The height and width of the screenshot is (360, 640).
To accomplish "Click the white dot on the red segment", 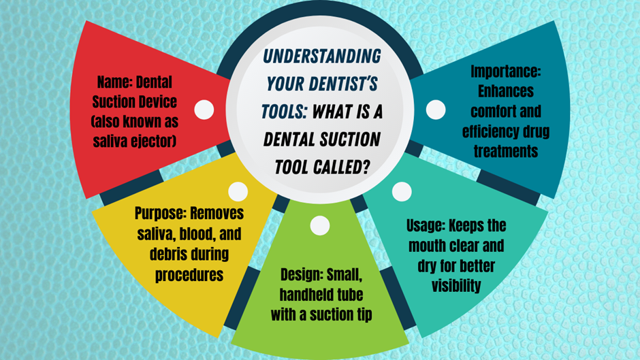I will pos(204,110).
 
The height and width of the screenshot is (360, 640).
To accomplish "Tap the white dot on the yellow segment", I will pos(238,191).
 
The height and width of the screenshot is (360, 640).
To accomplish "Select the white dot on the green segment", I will pos(319,225).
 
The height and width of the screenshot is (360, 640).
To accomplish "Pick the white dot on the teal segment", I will pos(402,191).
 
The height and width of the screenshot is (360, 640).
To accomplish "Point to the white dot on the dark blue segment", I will pos(436,110).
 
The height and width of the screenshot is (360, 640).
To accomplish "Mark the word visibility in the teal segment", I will pos(456,285).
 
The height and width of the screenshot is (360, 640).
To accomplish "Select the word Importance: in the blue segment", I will pos(505,71).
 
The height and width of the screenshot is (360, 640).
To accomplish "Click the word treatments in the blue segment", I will pos(505,151).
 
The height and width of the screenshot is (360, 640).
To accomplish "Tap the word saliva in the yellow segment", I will pos(157,234).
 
